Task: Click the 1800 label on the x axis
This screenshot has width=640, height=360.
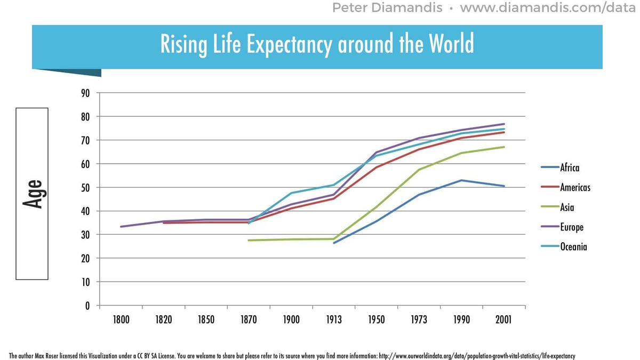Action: point(121,319)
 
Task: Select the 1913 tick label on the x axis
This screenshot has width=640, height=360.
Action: point(333,319)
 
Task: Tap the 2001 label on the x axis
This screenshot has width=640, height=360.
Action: point(503,319)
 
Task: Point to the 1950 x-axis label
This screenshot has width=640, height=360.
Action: point(376,319)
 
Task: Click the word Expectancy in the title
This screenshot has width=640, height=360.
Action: point(288,44)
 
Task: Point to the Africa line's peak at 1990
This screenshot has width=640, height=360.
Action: point(461,180)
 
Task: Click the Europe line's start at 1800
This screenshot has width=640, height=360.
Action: point(122,227)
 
